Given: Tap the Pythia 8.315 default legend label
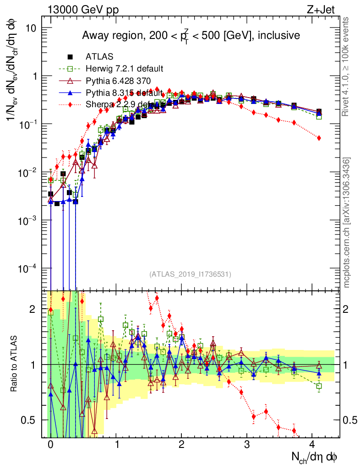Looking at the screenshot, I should (124, 93).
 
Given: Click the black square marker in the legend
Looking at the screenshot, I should (71, 57).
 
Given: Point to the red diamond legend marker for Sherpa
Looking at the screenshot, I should (71, 104).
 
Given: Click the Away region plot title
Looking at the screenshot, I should (191, 35).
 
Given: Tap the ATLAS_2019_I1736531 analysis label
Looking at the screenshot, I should (190, 274).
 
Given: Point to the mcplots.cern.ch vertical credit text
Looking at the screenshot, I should (347, 223).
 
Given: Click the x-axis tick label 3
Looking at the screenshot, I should (247, 444).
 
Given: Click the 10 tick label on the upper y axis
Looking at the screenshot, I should (30, 28).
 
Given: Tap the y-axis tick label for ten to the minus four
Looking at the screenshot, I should (27, 268).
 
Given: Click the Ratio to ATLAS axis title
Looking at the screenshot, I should (16, 364).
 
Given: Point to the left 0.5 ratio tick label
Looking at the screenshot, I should (31, 420).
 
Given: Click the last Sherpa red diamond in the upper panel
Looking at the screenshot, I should (319, 138).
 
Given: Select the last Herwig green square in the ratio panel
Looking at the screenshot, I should (319, 386).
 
